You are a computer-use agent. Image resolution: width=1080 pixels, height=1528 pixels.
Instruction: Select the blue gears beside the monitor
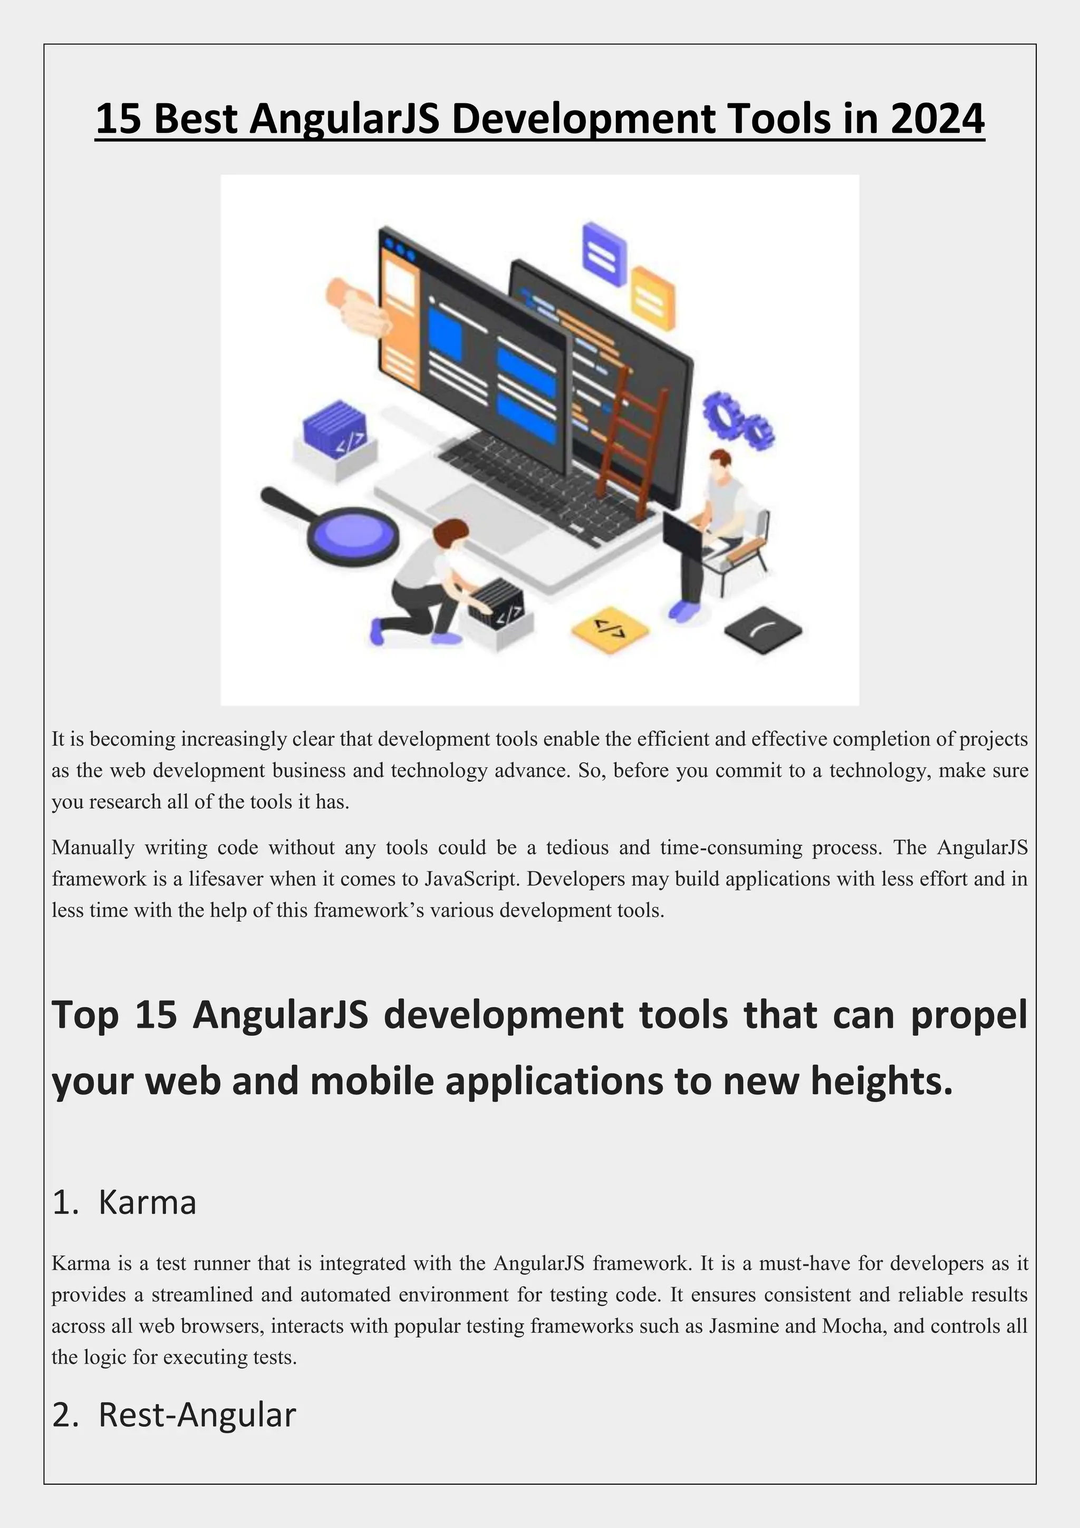pyautogui.click(x=737, y=419)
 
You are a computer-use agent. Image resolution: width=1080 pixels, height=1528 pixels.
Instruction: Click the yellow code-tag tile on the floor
pyautogui.click(x=610, y=628)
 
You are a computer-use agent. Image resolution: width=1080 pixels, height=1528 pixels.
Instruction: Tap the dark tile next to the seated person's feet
pyautogui.click(x=763, y=629)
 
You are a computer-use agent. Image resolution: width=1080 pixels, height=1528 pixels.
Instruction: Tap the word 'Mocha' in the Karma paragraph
pyautogui.click(x=854, y=1325)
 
